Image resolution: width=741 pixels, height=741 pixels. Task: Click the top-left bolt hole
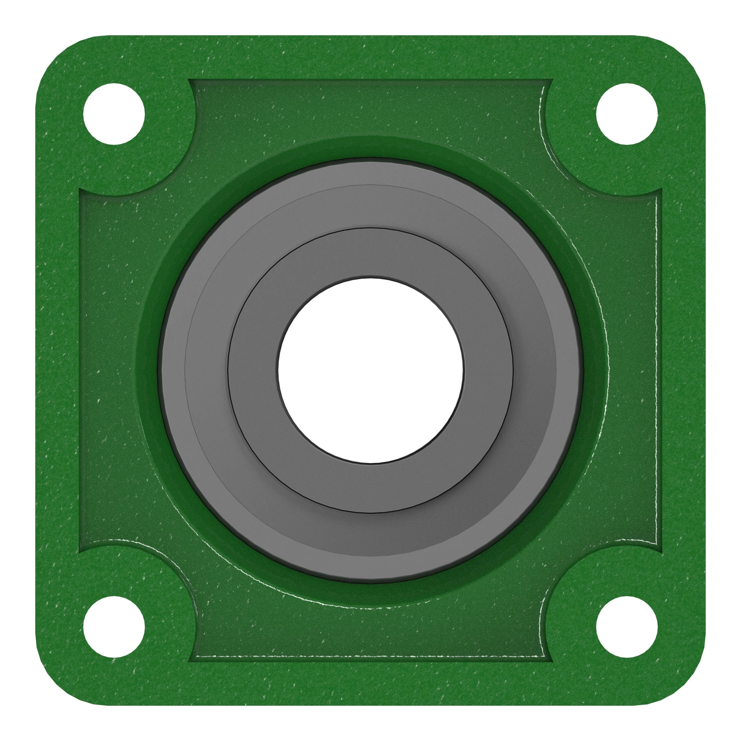114,114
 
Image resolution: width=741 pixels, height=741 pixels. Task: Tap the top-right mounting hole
627,114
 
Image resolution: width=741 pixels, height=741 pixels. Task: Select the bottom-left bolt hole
114,627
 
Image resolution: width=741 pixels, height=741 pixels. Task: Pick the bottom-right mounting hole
627,627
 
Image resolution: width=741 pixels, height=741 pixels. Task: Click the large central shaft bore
370,370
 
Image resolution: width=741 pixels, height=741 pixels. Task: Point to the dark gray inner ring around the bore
370,253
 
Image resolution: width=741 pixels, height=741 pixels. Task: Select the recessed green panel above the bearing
370,107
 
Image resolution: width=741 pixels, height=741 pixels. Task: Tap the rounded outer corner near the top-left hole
57,57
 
